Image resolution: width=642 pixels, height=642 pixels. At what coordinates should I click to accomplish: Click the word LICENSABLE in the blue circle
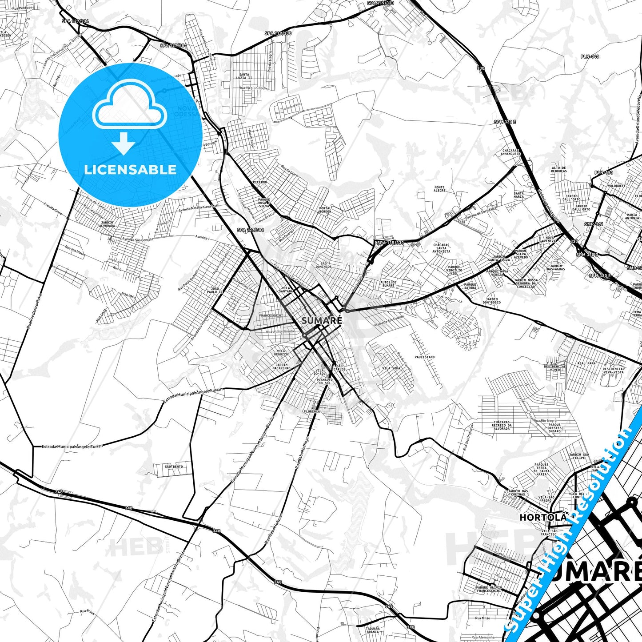pos(130,170)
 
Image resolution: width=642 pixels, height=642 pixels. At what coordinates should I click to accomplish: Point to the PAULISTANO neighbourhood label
pos(424,357)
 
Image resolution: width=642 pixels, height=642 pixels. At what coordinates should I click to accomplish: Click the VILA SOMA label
pos(391,368)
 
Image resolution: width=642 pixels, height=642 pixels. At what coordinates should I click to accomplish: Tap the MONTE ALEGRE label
pos(439,189)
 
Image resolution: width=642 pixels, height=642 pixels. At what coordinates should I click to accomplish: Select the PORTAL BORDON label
pos(325,210)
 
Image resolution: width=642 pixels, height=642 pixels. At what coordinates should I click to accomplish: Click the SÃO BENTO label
pos(174,467)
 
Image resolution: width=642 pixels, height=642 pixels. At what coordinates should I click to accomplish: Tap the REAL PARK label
pos(586,363)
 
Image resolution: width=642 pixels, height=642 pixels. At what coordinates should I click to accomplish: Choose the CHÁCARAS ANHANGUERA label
pos(510,152)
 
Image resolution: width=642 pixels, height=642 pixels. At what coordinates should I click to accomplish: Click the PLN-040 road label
pos(590,56)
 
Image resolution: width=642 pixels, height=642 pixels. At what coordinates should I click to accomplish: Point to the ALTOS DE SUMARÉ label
pos(388,283)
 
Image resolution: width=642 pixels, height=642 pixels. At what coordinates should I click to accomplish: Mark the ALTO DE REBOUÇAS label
pos(558,169)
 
